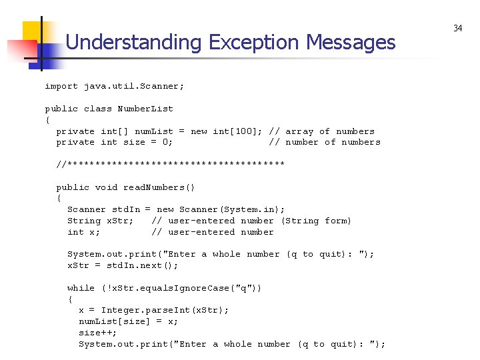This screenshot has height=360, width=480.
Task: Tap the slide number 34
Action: (x=457, y=28)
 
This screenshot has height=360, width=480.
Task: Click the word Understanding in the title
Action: (x=133, y=43)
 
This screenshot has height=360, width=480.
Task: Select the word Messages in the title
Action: (x=351, y=43)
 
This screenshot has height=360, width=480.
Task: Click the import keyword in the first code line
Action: (x=61, y=86)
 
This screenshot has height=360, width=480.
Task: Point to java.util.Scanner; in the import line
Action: (x=134, y=86)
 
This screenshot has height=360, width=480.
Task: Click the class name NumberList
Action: (x=145, y=109)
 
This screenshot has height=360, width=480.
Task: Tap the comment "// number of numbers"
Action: (x=324, y=142)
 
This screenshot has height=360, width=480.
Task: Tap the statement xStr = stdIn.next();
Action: (x=123, y=265)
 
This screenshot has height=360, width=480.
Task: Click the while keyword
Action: (x=81, y=288)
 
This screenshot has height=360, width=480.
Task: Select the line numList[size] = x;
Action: (x=128, y=321)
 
